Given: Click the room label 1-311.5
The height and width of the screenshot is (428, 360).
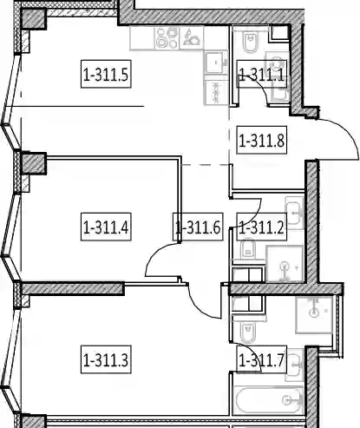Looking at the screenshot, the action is [106, 74].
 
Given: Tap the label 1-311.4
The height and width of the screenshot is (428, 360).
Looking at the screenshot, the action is [106, 227].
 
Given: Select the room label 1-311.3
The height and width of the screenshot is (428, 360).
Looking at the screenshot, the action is [106, 359].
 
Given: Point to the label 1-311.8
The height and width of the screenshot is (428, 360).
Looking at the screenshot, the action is [262, 140].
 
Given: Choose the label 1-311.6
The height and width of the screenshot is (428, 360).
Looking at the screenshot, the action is [198, 227].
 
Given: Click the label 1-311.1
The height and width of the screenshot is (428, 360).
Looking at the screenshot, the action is [262, 74].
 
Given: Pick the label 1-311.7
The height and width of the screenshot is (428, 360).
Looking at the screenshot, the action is [262, 359].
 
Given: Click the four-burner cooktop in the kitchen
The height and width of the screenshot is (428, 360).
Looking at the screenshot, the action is [167, 37].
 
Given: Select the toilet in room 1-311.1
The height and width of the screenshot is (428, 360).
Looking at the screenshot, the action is [251, 43].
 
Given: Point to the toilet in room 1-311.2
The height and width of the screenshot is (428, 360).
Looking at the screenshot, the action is [248, 249].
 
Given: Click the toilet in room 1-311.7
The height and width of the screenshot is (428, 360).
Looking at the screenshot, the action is [248, 332].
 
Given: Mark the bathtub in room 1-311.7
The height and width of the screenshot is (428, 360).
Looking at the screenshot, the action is [267, 400].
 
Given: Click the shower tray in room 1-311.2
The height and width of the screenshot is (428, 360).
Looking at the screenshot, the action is [285, 263].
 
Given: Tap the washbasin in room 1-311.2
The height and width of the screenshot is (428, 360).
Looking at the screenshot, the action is [294, 213].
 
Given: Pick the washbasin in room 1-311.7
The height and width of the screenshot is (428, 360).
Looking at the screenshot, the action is [294, 365].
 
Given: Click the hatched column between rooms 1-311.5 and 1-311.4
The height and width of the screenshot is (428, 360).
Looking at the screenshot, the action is [34, 163].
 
